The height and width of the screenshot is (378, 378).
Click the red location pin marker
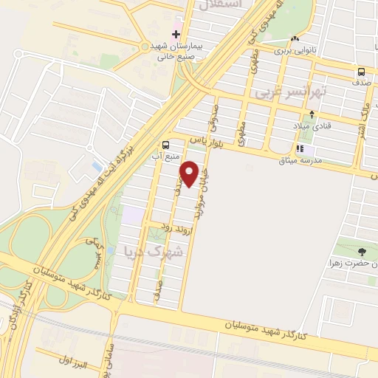click(x=190, y=173)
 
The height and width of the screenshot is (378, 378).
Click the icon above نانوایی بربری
click(x=295, y=38)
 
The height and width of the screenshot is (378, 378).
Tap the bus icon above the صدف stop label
click(x=362, y=72)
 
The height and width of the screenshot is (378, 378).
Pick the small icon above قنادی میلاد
click(x=312, y=114)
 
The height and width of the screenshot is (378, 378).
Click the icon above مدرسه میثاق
click(x=299, y=148)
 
